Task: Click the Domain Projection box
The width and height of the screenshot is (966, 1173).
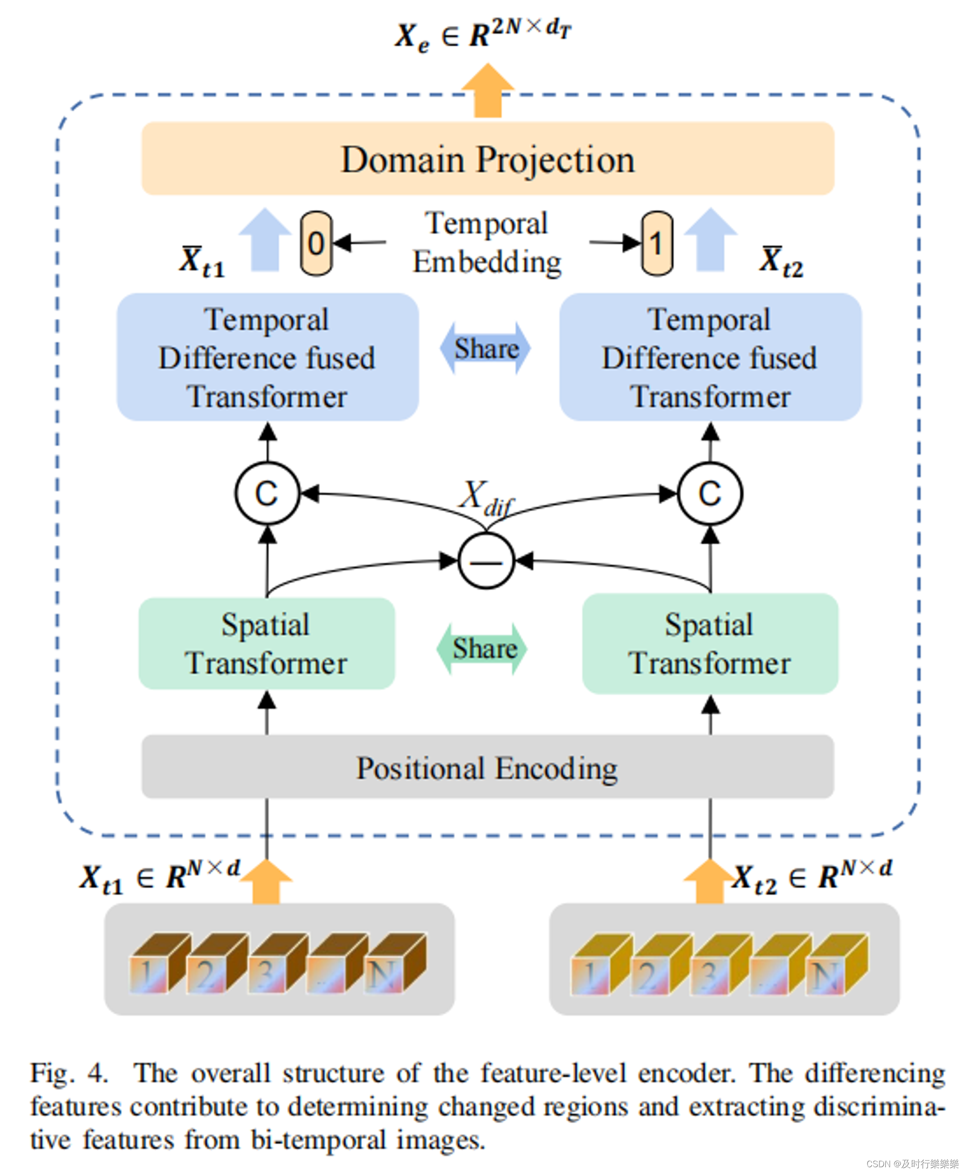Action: click(487, 158)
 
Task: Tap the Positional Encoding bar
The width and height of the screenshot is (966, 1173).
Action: click(487, 767)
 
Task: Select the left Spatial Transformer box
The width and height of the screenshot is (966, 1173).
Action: click(267, 644)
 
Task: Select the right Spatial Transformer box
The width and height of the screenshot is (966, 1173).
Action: click(710, 644)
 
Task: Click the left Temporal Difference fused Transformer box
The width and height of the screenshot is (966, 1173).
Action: click(268, 357)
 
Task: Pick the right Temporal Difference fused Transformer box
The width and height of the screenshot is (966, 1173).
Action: click(710, 357)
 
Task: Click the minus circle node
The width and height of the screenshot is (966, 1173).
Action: click(486, 561)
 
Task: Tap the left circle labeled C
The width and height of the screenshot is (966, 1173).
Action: click(267, 493)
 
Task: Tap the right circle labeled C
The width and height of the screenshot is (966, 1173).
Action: click(710, 493)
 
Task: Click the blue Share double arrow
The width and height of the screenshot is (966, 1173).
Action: click(486, 348)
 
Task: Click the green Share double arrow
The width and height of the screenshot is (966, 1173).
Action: click(483, 648)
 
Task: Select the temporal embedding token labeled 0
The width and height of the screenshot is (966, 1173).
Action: click(316, 243)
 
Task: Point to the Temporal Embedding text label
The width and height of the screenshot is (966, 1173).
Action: click(487, 243)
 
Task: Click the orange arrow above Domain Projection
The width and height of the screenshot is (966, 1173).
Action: click(487, 90)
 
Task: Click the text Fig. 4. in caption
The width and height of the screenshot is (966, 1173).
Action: click(68, 1073)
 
